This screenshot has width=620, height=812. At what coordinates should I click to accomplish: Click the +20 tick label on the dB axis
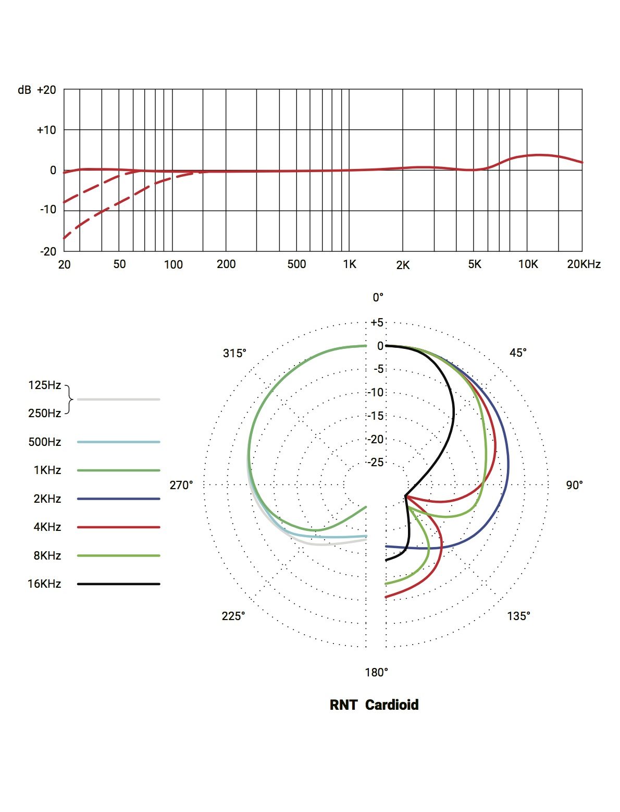(x=46, y=90)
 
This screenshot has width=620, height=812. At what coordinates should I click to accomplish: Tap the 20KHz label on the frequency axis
(x=584, y=264)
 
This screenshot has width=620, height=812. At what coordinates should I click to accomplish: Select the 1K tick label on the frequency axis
(x=350, y=264)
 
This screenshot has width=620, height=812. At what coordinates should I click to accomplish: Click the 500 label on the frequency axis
(x=296, y=264)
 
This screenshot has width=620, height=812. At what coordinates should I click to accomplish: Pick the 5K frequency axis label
(x=475, y=264)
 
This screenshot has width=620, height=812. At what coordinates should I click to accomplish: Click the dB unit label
(x=24, y=90)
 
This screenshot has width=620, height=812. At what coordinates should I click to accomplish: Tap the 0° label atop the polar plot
(x=378, y=297)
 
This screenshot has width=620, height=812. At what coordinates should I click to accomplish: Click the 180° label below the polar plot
(x=376, y=672)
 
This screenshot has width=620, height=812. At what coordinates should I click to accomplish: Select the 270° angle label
(x=181, y=485)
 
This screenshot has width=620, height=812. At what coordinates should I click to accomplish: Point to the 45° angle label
(x=518, y=353)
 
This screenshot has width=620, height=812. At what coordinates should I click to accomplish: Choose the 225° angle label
(x=233, y=616)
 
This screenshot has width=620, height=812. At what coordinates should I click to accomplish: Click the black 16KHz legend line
(x=118, y=584)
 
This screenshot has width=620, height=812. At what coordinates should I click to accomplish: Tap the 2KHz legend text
(x=47, y=499)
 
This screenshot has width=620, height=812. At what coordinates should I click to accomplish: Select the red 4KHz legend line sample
(x=118, y=527)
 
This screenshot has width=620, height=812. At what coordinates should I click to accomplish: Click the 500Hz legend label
(x=45, y=442)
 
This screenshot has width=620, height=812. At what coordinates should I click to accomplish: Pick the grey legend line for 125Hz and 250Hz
(x=118, y=399)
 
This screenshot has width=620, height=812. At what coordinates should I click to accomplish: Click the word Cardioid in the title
(x=392, y=705)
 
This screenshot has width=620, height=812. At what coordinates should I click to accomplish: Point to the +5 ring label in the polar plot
(x=377, y=322)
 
